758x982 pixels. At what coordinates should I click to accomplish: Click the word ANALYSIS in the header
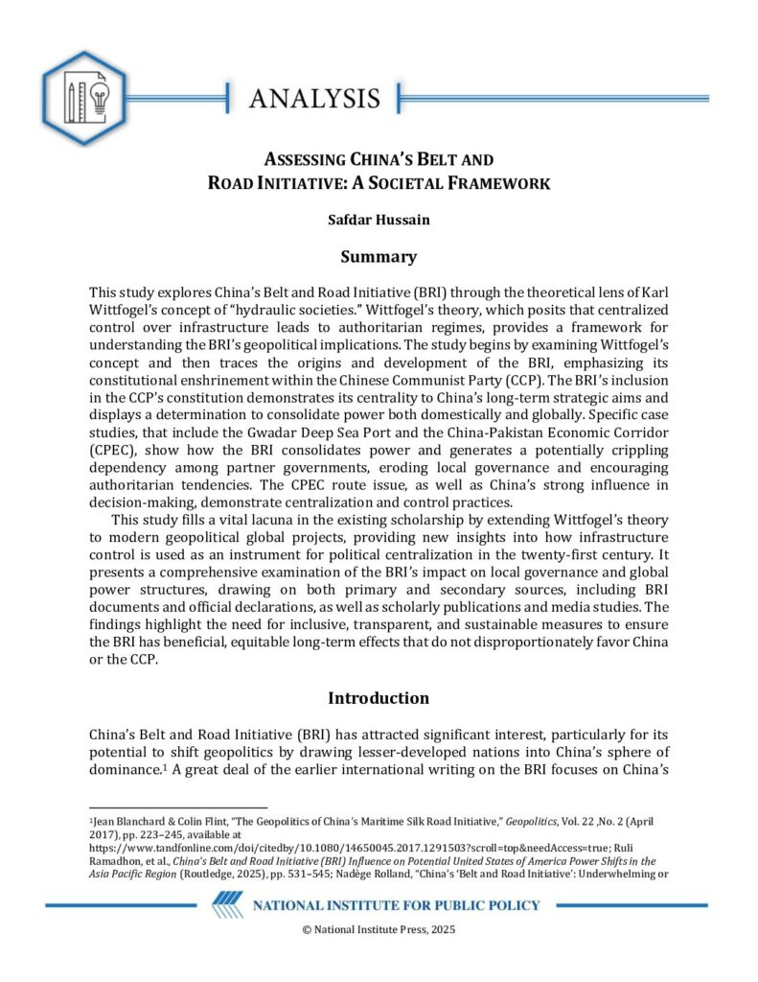pos(314,98)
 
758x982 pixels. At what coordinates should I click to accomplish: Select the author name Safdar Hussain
pos(379,220)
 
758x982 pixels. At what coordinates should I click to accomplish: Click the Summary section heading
pos(379,257)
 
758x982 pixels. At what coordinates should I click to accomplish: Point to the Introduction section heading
pos(379,697)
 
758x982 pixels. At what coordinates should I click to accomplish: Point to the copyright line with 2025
pos(379,930)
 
